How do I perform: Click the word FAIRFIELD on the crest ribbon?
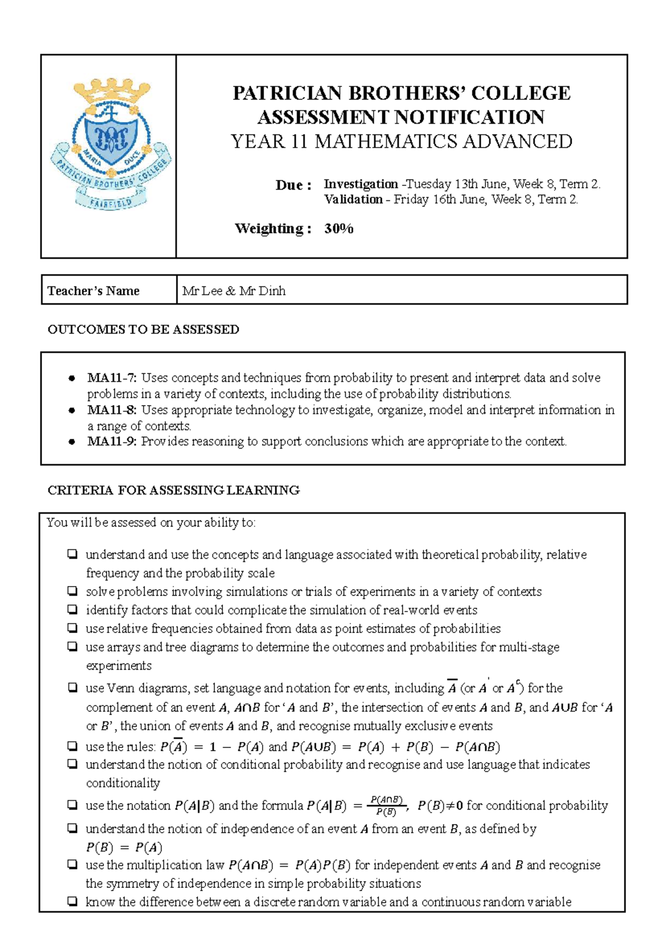(x=111, y=202)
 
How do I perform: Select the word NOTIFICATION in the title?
(x=469, y=117)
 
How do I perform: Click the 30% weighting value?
(x=339, y=229)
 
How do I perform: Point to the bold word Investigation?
(x=361, y=184)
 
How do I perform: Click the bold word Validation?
(x=354, y=199)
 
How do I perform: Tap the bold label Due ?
(x=293, y=185)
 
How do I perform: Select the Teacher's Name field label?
(x=93, y=291)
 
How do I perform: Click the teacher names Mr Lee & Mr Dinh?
(x=234, y=291)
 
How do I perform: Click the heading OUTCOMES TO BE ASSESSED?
(x=143, y=330)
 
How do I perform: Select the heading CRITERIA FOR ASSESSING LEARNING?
(x=173, y=490)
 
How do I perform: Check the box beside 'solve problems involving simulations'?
(x=72, y=591)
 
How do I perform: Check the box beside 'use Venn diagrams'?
(x=72, y=688)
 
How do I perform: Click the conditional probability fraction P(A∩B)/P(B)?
(x=386, y=806)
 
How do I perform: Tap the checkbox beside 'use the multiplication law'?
(x=72, y=865)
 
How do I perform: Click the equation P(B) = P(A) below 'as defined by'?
(x=124, y=847)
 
